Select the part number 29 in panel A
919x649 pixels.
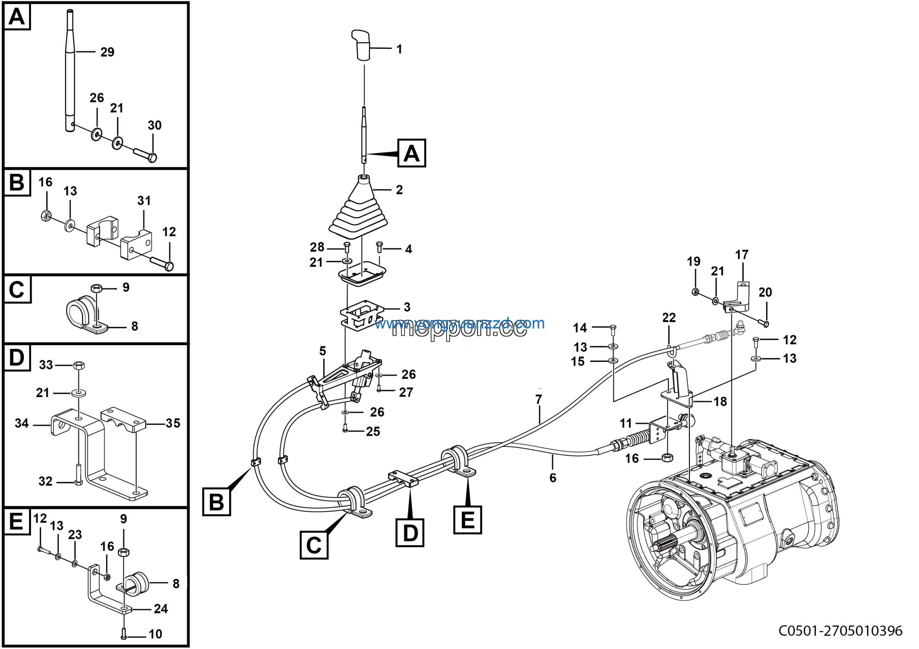(x=107, y=52)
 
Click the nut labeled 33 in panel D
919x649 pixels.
(x=79, y=365)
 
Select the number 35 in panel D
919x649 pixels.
(x=173, y=423)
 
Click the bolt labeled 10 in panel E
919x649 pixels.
(x=124, y=634)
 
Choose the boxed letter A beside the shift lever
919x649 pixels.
(x=411, y=153)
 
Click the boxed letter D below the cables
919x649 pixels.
(x=410, y=533)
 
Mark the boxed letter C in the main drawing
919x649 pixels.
(x=314, y=545)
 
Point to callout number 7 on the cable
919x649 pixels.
(x=539, y=399)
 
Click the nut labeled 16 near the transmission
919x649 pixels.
(x=667, y=457)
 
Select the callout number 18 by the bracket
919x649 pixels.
(x=720, y=401)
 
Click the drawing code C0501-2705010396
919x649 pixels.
(x=840, y=631)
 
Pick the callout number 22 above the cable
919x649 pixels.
(x=669, y=317)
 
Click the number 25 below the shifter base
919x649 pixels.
(x=373, y=431)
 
